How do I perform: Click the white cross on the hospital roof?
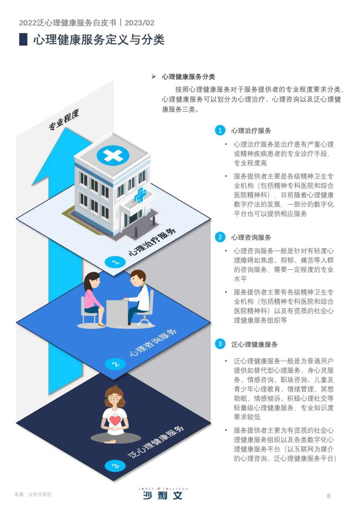click(113, 154)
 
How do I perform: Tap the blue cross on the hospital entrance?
click(141, 195)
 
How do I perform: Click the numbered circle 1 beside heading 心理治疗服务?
click(220, 131)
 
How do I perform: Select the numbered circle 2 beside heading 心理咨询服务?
click(220, 237)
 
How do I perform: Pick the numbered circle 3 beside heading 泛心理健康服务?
click(220, 344)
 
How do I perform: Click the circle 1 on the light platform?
click(115, 263)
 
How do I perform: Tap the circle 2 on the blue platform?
click(115, 364)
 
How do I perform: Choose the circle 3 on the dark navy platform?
click(115, 466)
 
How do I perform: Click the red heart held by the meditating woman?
click(115, 420)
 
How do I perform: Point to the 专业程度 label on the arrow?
click(64, 120)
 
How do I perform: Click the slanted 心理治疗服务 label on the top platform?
click(152, 242)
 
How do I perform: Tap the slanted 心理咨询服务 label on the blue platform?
click(153, 343)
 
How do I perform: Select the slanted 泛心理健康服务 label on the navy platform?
click(156, 441)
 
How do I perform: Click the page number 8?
click(329, 496)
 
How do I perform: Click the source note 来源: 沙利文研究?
click(33, 495)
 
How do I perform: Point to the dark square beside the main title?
click(23, 39)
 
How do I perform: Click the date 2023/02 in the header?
click(140, 22)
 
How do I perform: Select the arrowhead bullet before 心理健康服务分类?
click(154, 77)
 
